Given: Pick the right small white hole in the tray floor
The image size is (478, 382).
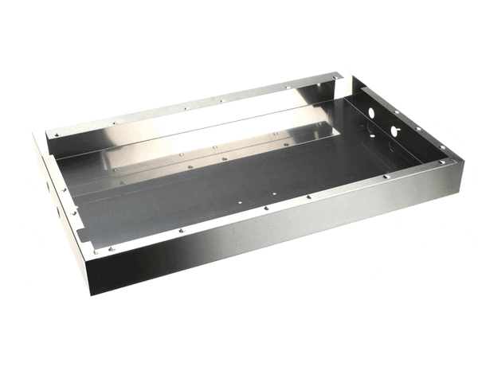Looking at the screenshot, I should (273, 193).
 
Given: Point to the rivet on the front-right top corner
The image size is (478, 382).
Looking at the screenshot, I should (453, 162).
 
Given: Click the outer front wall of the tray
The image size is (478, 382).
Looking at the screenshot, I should (271, 239).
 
